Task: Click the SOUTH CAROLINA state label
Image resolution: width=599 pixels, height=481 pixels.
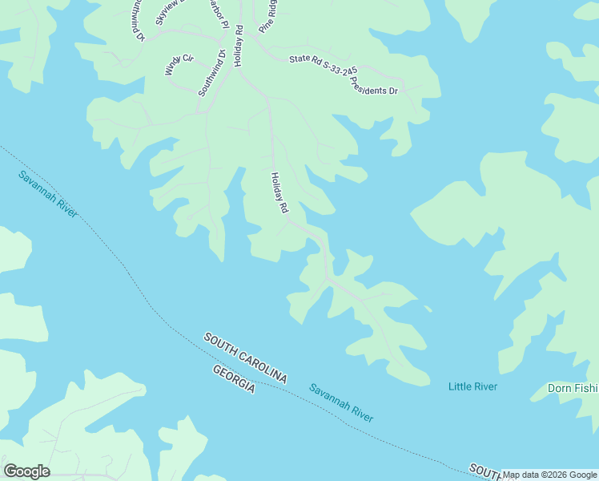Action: coord(244,358)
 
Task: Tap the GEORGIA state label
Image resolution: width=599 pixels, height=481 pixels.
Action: coord(234,378)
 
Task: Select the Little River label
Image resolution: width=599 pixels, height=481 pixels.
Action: coord(472,387)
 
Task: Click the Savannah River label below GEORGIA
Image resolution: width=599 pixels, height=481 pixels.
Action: coord(341,402)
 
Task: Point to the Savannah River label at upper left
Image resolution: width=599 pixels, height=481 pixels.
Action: coord(48,193)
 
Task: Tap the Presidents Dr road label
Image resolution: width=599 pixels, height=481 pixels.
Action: coord(374,84)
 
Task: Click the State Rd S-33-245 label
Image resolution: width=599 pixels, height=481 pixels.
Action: coord(323,65)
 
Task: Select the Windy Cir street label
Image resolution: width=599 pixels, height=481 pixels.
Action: coord(179,65)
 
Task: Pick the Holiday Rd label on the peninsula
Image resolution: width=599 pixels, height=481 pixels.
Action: coord(279,192)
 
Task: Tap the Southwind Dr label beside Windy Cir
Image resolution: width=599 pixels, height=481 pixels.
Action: coord(212,73)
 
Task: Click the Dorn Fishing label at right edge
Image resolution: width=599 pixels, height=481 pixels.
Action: coord(573,389)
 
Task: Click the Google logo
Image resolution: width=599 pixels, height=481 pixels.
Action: coord(26,471)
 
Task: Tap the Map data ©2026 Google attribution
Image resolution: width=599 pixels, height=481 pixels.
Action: coord(549,475)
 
